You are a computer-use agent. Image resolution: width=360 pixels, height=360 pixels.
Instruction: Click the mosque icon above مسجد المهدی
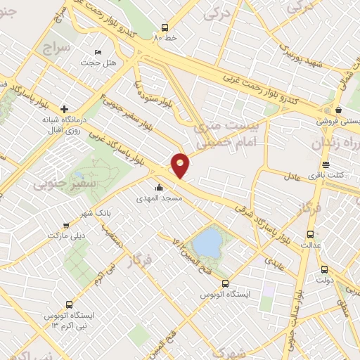[160, 188]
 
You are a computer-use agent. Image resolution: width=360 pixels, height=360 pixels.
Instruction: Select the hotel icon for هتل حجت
[98, 53]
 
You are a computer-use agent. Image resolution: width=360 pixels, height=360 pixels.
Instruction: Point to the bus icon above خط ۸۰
[165, 24]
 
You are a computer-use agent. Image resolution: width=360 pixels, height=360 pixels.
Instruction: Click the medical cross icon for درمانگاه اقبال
[65, 109]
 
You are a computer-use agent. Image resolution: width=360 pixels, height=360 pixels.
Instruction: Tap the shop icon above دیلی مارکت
[66, 226]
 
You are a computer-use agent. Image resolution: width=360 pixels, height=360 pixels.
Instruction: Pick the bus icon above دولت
[324, 269]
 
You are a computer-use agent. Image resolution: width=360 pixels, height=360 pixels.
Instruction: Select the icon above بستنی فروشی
[339, 109]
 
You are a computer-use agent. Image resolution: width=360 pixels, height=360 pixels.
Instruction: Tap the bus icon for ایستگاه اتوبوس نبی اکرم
[69, 304]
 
